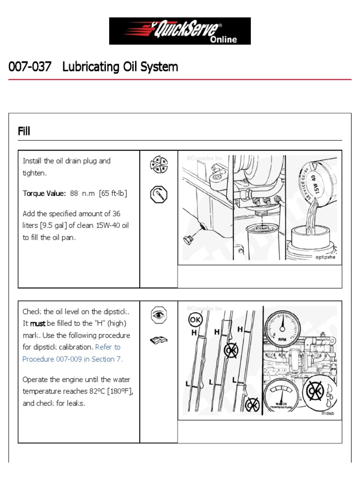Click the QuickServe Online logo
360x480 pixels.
pyautogui.click(x=180, y=31)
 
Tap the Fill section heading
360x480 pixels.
pyautogui.click(x=24, y=131)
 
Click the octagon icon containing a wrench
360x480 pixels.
pyautogui.click(x=158, y=194)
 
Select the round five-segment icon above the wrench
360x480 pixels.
pyautogui.click(x=158, y=165)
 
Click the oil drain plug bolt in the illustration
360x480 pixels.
pyautogui.click(x=189, y=240)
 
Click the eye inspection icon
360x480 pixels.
pyautogui.click(x=158, y=315)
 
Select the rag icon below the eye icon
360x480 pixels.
pyautogui.click(x=158, y=340)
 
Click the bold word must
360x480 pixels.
pyautogui.click(x=38, y=323)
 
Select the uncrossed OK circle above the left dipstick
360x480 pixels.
pyautogui.click(x=195, y=320)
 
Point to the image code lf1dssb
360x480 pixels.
pyautogui.click(x=328, y=413)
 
